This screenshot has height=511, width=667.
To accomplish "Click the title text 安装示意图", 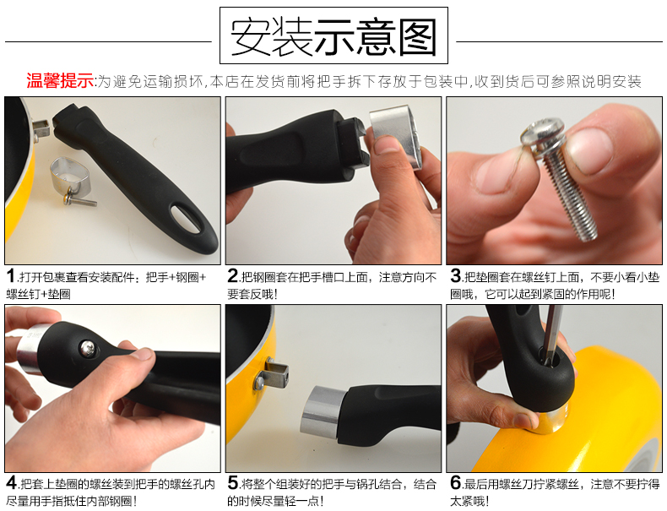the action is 333,37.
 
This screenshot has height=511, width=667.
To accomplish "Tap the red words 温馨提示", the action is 60,80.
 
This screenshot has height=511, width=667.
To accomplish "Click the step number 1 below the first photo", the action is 11,275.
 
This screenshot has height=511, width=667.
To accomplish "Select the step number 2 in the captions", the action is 232,275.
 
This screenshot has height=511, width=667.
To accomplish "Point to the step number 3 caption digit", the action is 455,275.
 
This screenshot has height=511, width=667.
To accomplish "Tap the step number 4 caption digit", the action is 12,482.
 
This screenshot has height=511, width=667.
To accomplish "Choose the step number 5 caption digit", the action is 232,482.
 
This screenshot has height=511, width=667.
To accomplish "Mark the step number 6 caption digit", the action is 455,482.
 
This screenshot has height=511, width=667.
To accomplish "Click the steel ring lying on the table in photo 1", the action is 69,176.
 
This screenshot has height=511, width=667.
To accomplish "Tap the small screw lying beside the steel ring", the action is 79,199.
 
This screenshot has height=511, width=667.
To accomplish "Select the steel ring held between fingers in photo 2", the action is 396,135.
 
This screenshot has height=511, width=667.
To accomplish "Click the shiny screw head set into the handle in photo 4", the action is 88,348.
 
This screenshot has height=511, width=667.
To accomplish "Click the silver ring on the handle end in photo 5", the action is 320,411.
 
